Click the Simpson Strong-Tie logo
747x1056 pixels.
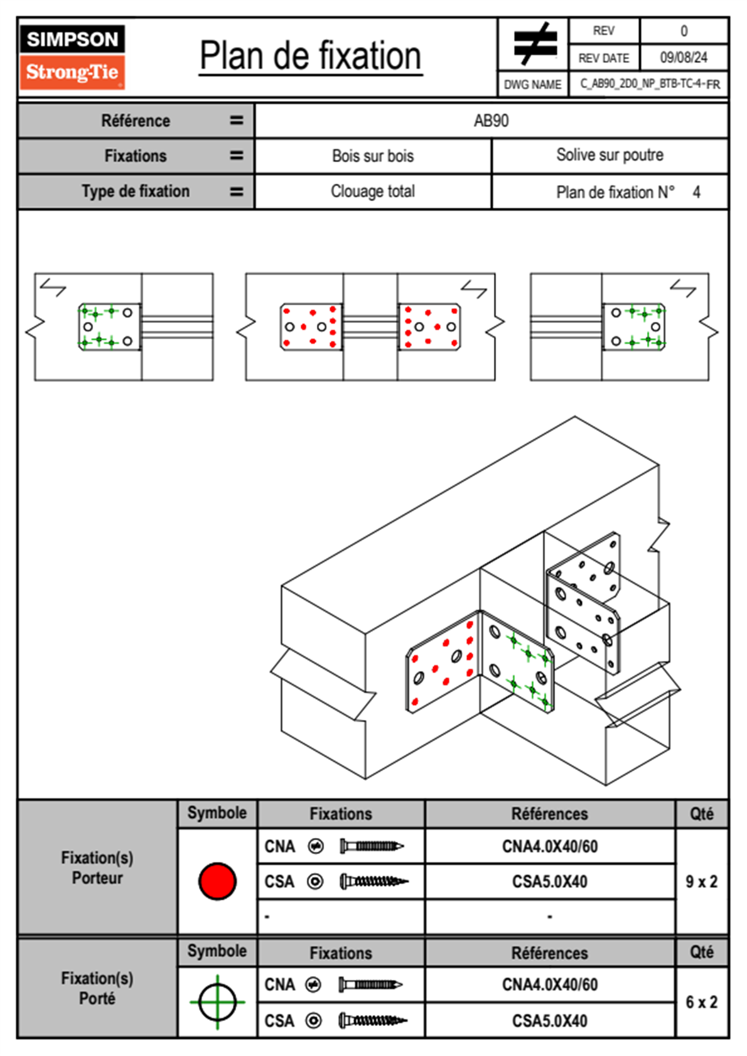point(72,57)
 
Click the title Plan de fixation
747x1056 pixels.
point(310,57)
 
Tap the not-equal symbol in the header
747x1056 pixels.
point(534,44)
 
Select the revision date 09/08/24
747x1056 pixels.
point(683,58)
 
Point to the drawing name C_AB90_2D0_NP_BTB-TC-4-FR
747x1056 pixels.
point(649,84)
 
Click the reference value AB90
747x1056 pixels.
point(491,121)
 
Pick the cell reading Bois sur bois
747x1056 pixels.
point(373,156)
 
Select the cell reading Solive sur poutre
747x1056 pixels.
point(610,155)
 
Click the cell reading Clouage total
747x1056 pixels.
point(373,191)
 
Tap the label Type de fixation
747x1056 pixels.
point(136,191)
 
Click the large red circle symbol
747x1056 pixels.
point(217,881)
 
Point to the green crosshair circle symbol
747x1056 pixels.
point(217,1002)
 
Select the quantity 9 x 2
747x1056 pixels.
point(701,881)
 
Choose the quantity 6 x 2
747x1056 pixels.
point(701,1002)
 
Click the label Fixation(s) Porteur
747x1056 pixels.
point(97,868)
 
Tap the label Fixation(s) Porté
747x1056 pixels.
point(97,988)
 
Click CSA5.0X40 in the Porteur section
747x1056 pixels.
point(549,881)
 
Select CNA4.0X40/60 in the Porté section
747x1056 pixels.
point(549,984)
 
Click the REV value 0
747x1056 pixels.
point(684,31)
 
